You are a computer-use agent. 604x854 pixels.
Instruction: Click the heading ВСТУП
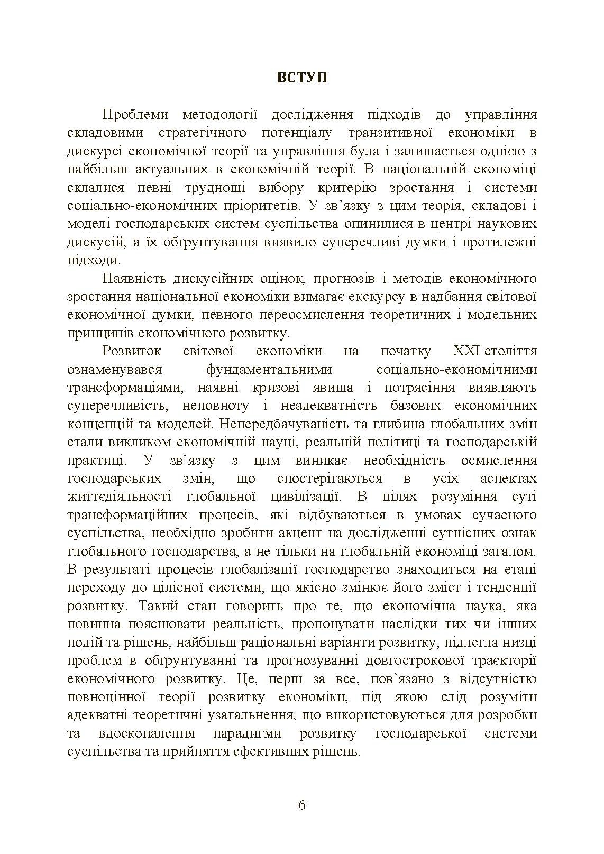[301, 78]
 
